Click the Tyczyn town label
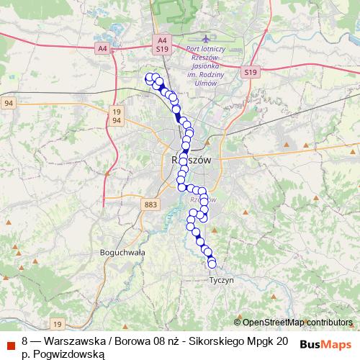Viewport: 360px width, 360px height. click(221, 280)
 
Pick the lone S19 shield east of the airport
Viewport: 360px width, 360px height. click(250, 72)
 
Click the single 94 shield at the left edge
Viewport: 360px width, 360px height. click(8, 104)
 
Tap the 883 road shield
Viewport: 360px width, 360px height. click(150, 205)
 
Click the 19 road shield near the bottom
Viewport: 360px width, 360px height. click(57, 324)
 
